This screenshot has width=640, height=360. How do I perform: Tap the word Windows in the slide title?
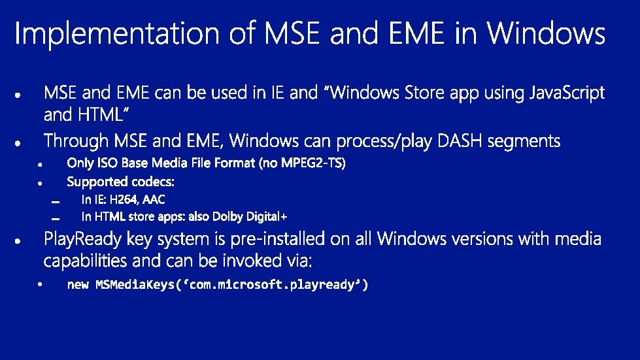coord(546,33)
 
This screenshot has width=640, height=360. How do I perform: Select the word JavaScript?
coord(567,93)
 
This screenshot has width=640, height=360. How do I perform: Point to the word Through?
coord(76,140)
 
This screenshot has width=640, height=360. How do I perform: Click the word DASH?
coord(459,141)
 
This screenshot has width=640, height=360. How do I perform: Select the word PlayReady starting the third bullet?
coord(82,239)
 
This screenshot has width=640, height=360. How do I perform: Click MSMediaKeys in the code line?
coord(135,284)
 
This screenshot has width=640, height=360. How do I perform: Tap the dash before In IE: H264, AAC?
coord(56,202)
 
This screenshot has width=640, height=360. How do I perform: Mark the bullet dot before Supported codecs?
coord(40,184)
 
